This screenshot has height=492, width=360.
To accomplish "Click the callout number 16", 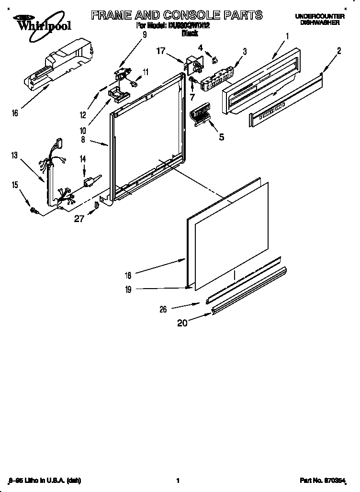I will pos(15,113).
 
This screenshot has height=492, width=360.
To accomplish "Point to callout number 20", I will pos(182,323).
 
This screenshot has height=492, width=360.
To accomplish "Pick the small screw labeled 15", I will pos(34,209).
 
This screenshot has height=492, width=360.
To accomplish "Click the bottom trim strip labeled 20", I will pos(249,291).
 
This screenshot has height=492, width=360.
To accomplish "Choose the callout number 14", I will pos(82,158).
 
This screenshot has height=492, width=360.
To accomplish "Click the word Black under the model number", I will pos(190,34).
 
